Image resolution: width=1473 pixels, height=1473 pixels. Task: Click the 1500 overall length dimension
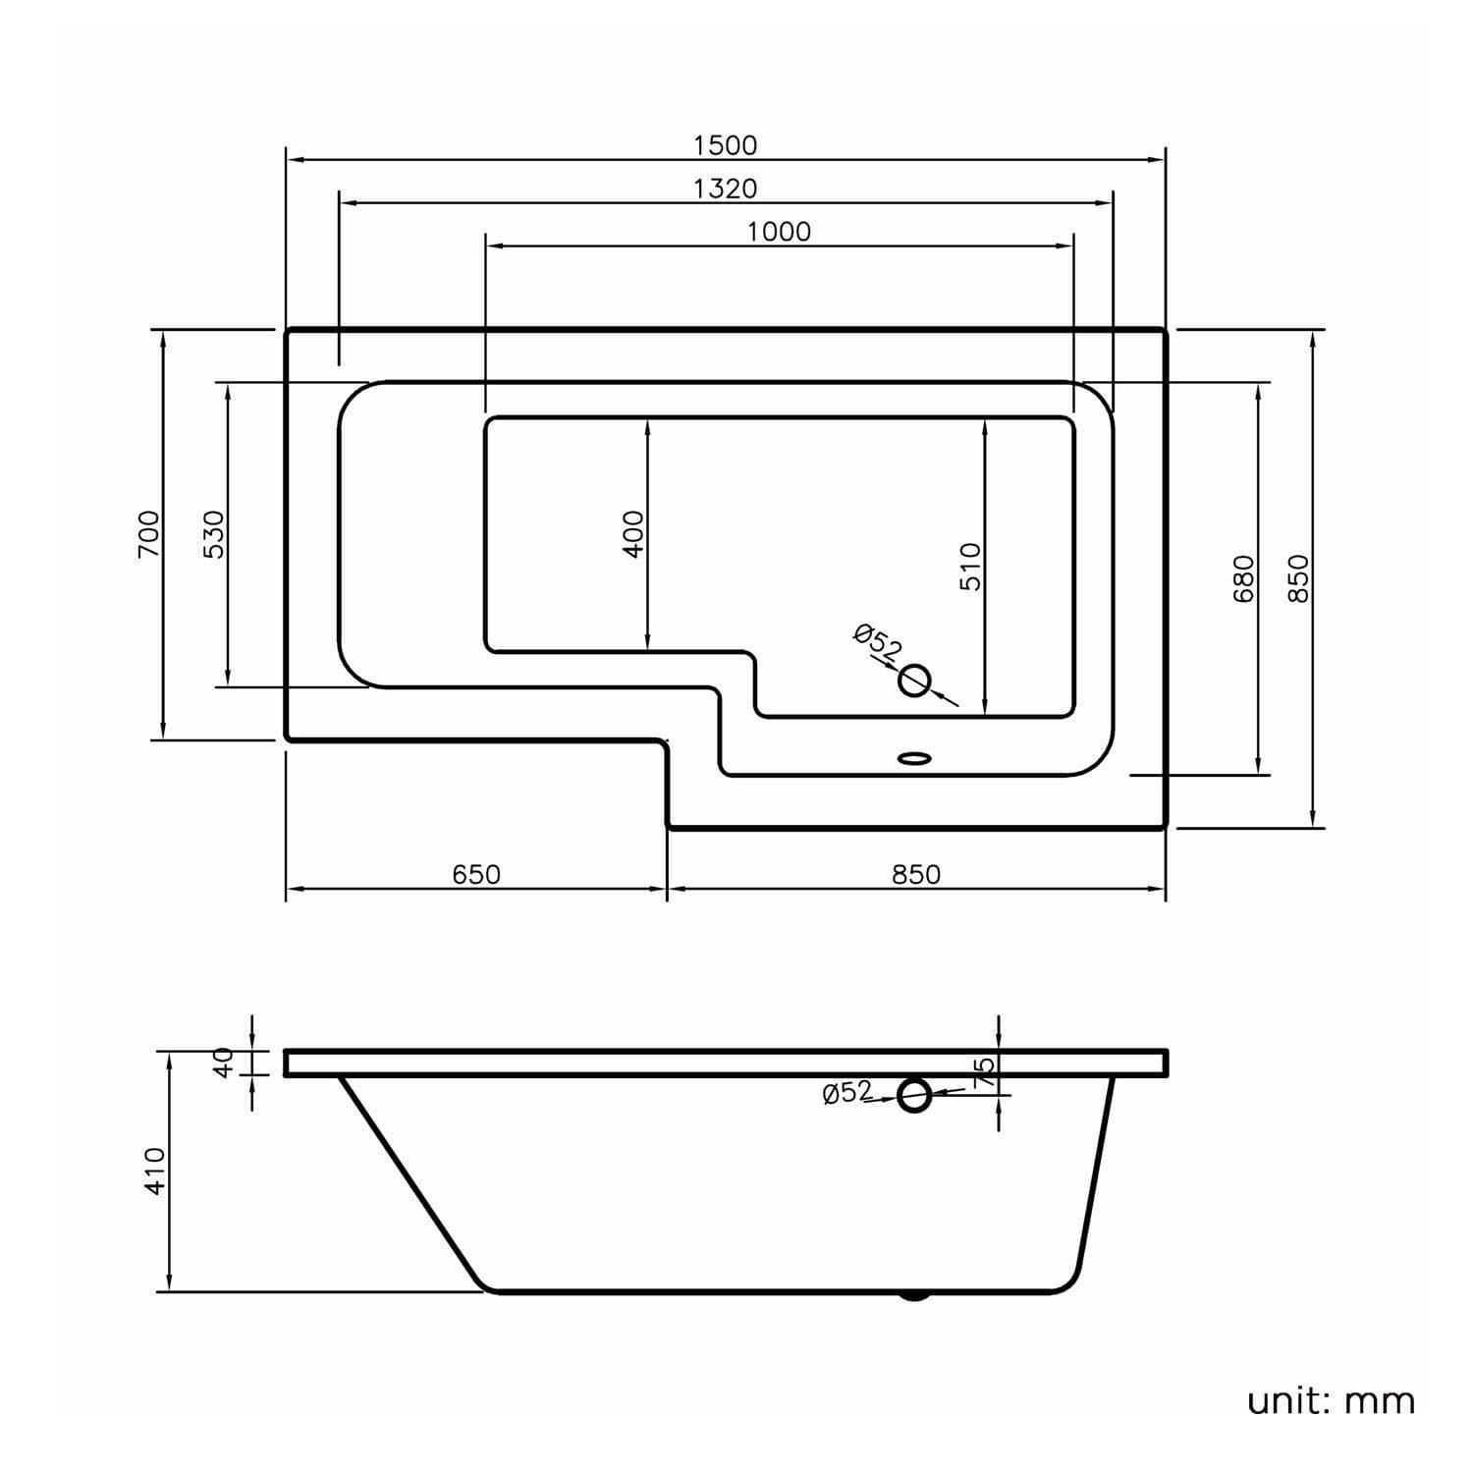[x=726, y=145]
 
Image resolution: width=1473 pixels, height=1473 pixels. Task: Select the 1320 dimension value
[x=726, y=189]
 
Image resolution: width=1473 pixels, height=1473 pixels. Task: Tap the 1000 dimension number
[x=779, y=232]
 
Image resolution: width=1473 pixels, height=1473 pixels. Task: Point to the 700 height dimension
[x=148, y=534]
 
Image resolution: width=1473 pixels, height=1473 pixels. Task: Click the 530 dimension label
[x=214, y=534]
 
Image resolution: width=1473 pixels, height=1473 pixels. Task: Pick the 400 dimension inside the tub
[x=634, y=534]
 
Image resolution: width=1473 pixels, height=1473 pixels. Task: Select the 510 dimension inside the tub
[x=970, y=567]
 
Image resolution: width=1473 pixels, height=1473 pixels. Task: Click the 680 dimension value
[x=1244, y=579]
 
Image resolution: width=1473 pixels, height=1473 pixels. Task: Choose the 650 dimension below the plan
[x=476, y=874]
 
